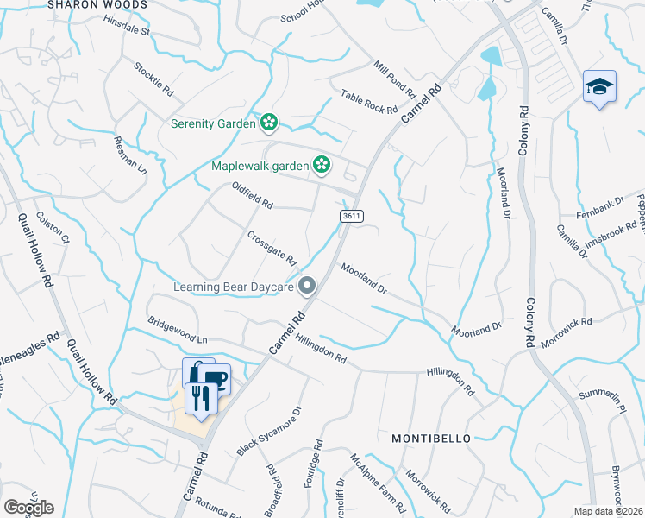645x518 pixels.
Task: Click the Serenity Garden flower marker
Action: (269, 123)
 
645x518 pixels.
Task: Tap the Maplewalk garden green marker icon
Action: (322, 163)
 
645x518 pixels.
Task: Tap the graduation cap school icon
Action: (599, 87)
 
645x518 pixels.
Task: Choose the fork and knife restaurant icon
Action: (201, 398)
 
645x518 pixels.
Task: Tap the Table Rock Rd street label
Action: (368, 103)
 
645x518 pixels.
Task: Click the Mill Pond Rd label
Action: (396, 79)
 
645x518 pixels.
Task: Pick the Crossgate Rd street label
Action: (272, 247)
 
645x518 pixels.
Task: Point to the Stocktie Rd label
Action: (153, 79)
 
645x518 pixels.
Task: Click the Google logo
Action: (28, 508)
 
